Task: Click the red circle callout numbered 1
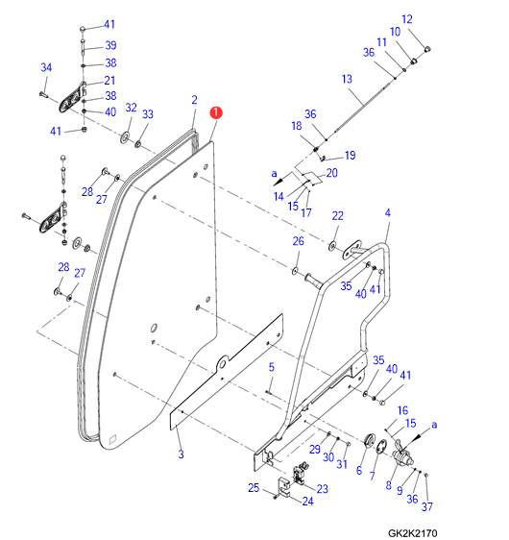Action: tap(216, 112)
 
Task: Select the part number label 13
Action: tap(347, 79)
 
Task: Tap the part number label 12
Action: tap(407, 19)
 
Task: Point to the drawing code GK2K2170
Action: tap(412, 533)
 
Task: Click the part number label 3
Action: tap(181, 454)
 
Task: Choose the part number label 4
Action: tap(388, 213)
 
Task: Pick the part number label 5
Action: tap(271, 367)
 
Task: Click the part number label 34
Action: tap(46, 67)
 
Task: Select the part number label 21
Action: tap(109, 81)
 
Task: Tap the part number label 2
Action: tap(194, 100)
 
